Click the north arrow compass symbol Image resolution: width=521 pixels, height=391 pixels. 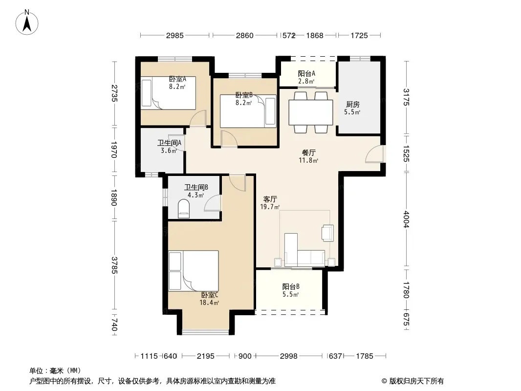click(27, 22)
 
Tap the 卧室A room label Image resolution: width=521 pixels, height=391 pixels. click(177, 79)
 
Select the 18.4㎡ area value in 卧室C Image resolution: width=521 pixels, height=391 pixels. click(209, 303)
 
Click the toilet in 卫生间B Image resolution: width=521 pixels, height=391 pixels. click(184, 209)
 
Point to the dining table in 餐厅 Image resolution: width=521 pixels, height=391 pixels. click(311, 112)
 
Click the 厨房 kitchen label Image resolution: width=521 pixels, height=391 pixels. click(352, 104)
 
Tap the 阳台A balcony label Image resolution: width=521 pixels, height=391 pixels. click(306, 73)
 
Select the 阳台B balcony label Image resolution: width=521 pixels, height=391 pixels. click(291, 286)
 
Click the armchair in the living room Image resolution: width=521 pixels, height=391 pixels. click(327, 233)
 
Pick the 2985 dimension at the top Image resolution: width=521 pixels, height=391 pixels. click(175, 35)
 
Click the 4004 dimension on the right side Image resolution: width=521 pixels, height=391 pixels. click(406, 219)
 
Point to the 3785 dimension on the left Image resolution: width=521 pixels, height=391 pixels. click(114, 265)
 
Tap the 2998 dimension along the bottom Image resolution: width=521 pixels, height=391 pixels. click(288, 356)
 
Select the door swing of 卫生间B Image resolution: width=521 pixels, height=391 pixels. click(212, 203)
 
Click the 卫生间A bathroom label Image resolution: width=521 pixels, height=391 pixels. click(170, 143)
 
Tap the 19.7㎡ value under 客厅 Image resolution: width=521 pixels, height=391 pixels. click(270, 207)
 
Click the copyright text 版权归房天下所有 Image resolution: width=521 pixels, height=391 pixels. click(416, 381)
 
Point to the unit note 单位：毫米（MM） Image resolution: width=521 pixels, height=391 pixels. click(55, 370)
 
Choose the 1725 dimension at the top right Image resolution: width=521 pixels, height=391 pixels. click(359, 35)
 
